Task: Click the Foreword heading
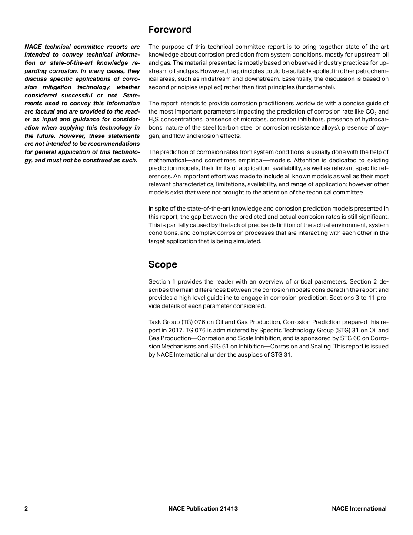(x=170, y=30)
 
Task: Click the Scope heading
(x=162, y=264)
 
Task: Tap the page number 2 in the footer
(x=26, y=508)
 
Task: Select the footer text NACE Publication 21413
(x=203, y=508)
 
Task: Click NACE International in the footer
(x=359, y=508)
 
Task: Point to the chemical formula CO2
(x=371, y=111)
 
